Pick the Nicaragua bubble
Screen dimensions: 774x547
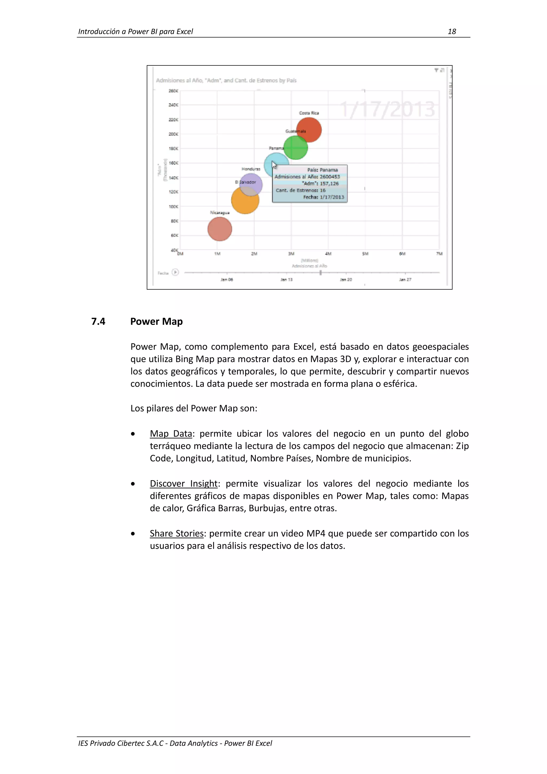pos(220,229)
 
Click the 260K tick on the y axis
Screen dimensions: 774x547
pos(173,91)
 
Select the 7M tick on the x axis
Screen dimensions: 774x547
pos(439,254)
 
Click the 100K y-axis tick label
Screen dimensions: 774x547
pos(173,206)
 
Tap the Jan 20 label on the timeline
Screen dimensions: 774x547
pos(346,279)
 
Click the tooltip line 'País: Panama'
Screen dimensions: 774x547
pos(322,170)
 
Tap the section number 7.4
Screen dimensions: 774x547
pos(98,321)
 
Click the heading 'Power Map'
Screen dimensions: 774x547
pos(157,321)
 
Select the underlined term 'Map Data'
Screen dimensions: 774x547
pos(171,434)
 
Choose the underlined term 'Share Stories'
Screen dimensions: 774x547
pos(177,533)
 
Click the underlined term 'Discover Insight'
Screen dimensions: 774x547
pos(184,483)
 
